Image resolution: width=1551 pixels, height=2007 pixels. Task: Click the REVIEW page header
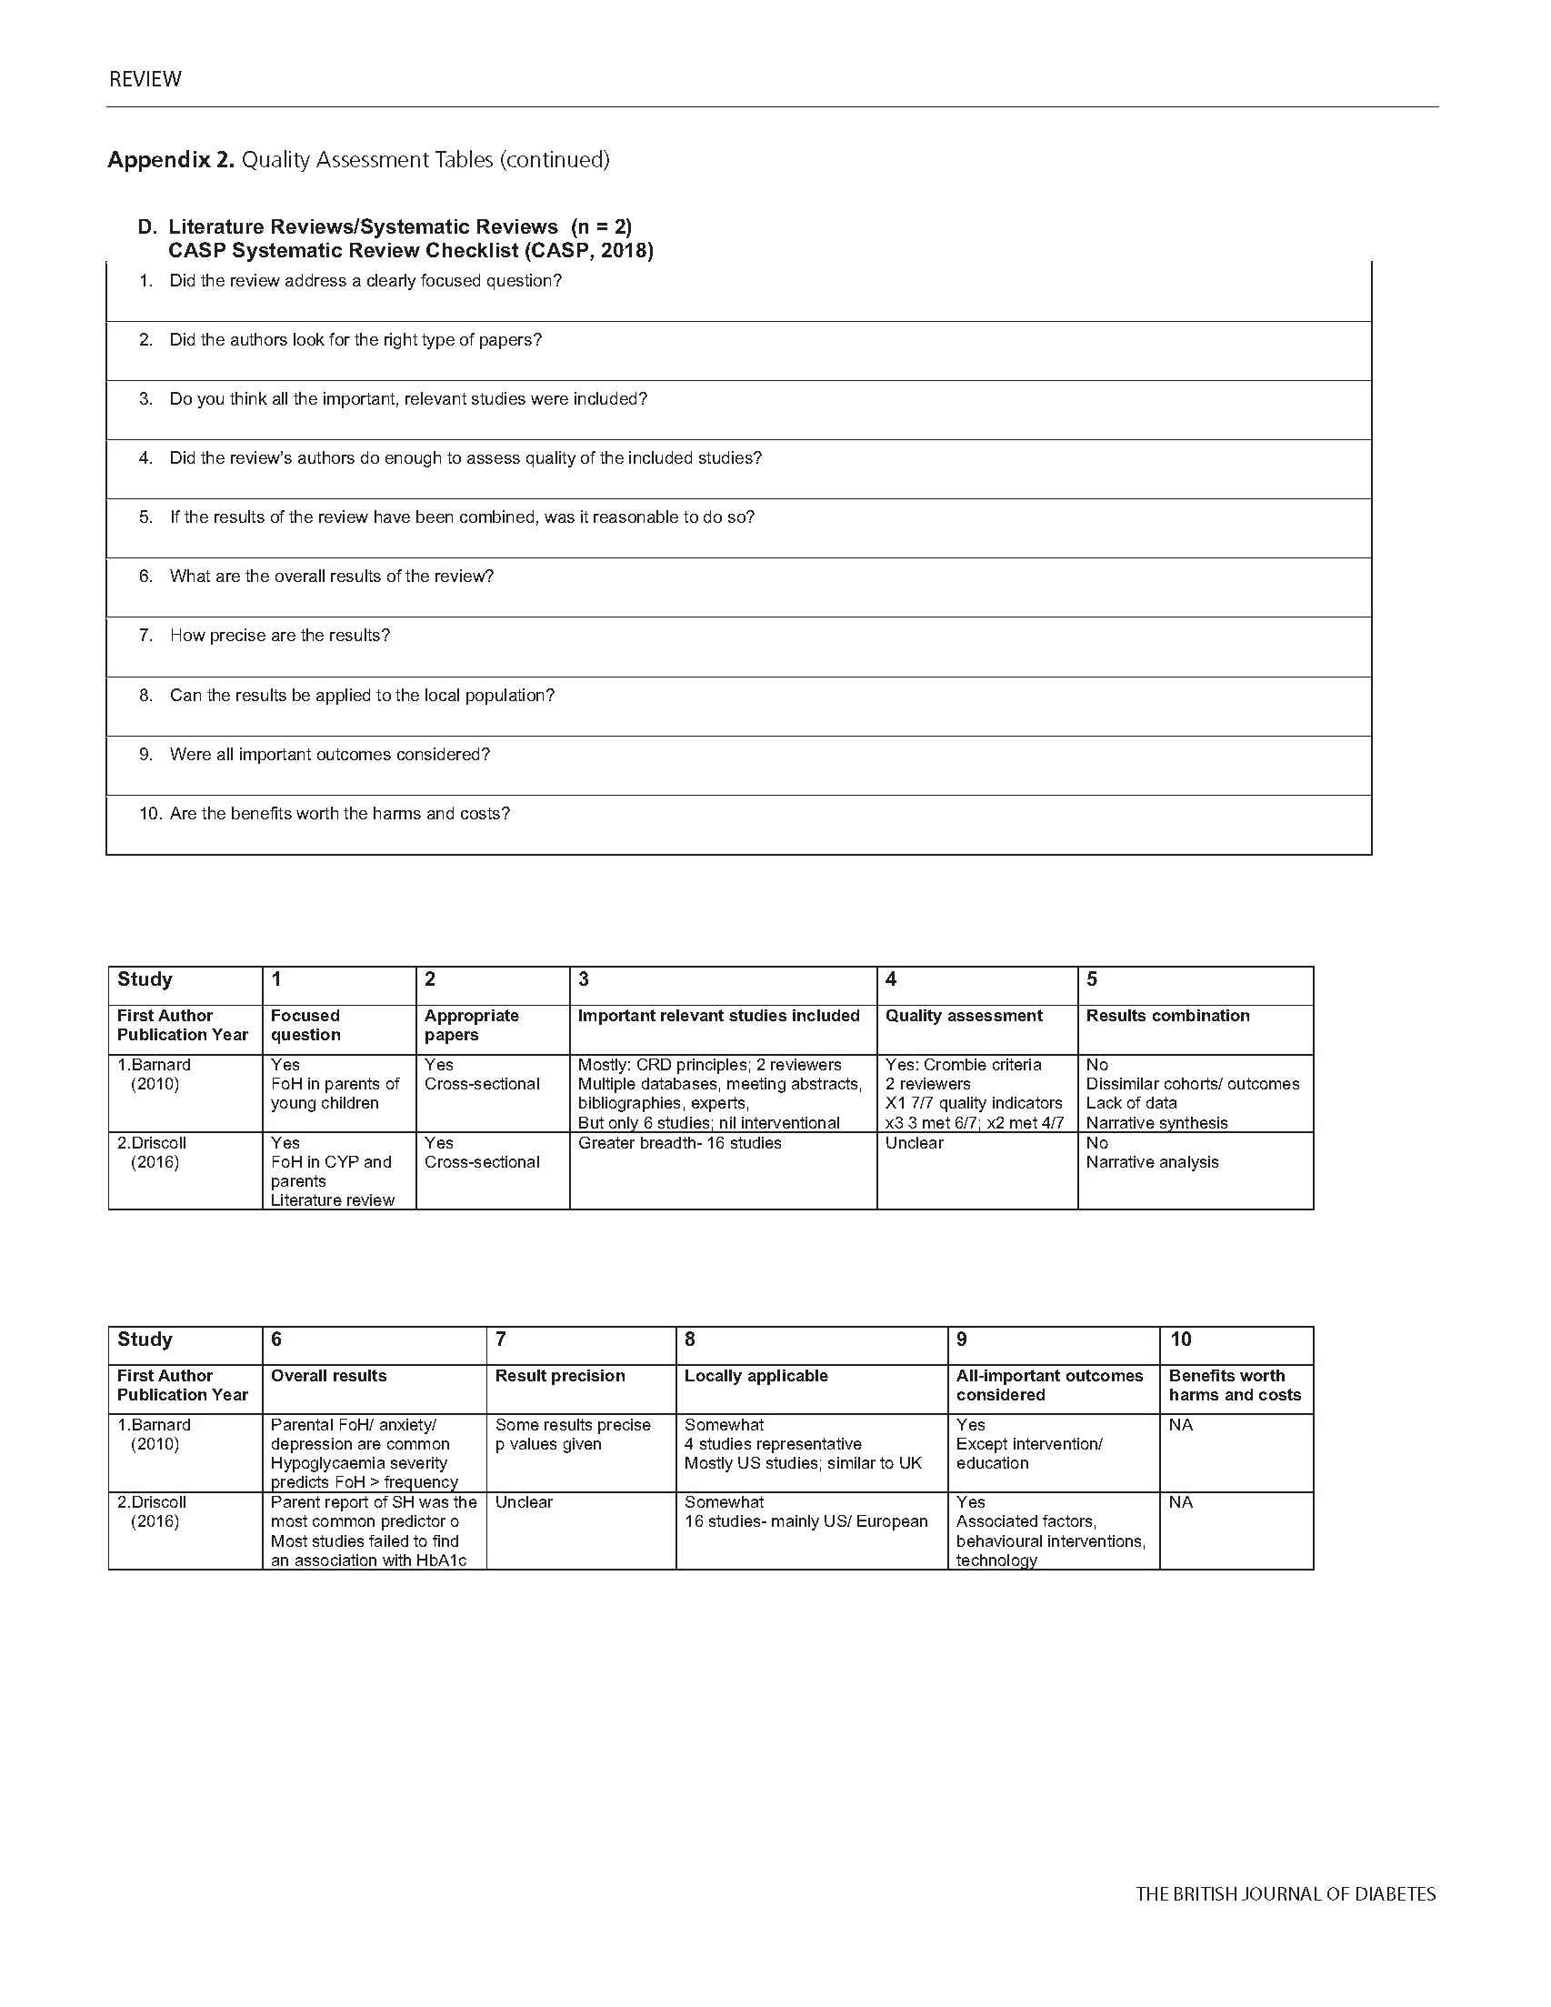(145, 79)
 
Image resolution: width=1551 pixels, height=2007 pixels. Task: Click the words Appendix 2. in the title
(171, 160)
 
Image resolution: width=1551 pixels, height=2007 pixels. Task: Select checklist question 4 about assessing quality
(465, 457)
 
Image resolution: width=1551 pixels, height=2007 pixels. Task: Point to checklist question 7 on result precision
(279, 635)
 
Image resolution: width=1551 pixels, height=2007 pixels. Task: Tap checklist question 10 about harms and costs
(339, 813)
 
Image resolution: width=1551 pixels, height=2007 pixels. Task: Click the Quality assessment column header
(963, 1016)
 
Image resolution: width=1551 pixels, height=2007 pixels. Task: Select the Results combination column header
(1167, 1016)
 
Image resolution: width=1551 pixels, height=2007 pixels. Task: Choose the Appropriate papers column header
(471, 1025)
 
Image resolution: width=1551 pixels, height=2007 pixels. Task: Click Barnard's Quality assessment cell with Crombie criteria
(973, 1094)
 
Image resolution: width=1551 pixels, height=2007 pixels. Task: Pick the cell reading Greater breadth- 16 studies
(679, 1143)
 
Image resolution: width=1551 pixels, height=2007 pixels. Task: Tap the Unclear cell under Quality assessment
(914, 1143)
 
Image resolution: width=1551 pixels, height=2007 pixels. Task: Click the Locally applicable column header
(755, 1376)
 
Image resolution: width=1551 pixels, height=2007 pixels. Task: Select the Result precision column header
(559, 1376)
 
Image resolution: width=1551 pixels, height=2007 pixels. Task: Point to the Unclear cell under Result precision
(524, 1502)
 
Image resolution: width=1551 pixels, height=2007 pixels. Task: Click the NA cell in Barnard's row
(1181, 1425)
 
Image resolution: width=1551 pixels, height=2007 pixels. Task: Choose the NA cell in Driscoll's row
(1181, 1502)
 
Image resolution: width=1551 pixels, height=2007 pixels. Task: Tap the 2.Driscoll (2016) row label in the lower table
(153, 1511)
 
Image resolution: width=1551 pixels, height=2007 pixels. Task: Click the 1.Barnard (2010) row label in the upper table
(155, 1074)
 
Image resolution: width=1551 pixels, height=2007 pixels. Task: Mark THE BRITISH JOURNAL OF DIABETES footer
(1285, 1894)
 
